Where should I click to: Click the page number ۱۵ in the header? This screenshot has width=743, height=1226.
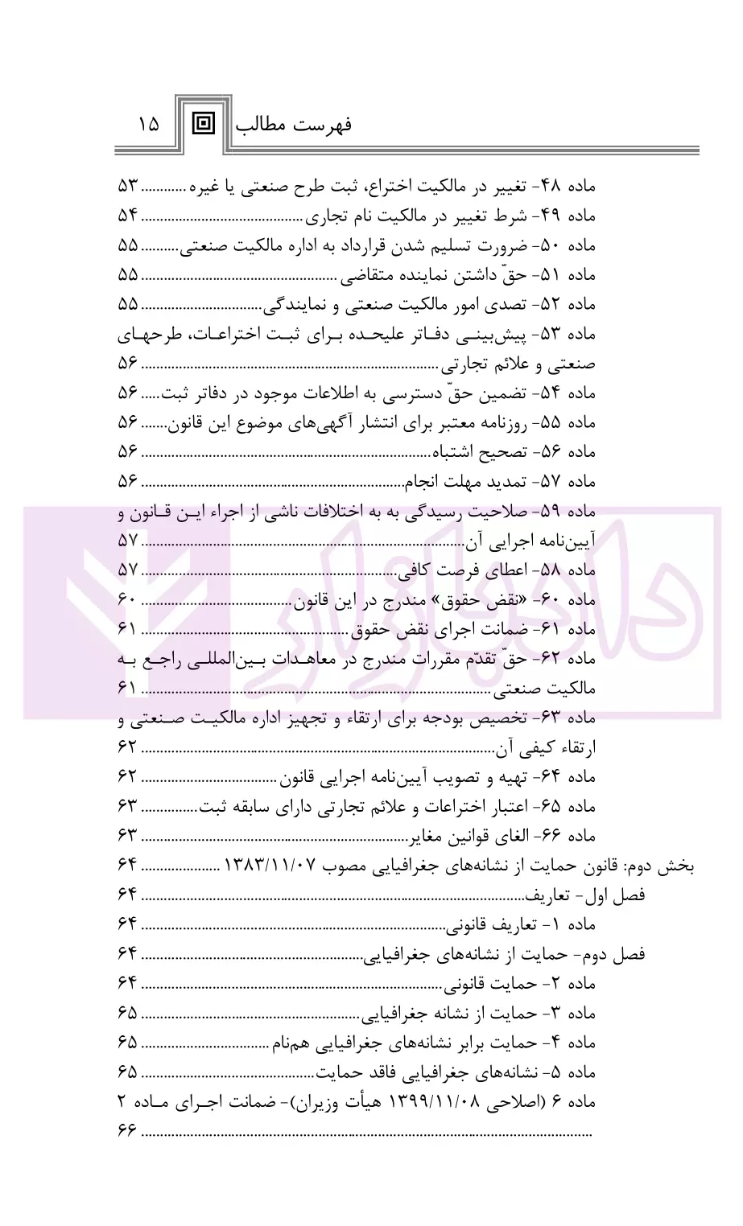[x=149, y=125]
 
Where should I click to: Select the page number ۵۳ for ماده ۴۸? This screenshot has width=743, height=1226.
[x=128, y=187]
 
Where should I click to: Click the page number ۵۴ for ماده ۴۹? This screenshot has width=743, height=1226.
[x=128, y=216]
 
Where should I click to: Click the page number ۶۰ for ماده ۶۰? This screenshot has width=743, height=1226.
[x=128, y=600]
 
